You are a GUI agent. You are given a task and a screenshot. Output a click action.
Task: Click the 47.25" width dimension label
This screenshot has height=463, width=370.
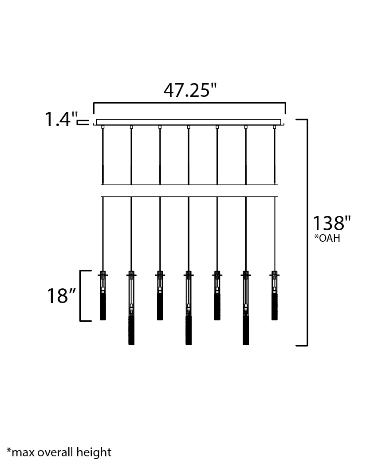pos(190,90)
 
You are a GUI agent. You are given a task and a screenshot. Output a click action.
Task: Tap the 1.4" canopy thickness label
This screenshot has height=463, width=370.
pos(61,119)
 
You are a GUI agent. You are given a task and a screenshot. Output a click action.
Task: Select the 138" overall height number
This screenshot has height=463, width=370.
pos(332,223)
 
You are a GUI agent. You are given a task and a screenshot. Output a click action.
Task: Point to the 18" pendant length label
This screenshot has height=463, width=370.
pos(61,295)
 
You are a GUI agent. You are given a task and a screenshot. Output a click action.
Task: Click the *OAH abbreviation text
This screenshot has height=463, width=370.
pos(327,238)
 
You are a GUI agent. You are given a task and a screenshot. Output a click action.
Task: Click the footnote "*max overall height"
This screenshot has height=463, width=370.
pos(59,452)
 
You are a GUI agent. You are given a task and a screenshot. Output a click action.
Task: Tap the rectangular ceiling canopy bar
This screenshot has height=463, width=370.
pos(189,122)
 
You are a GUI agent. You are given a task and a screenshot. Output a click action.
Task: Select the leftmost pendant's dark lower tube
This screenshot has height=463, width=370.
pos(103,307)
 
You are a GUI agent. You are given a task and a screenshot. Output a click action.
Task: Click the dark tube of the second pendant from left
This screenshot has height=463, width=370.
pos(131,331)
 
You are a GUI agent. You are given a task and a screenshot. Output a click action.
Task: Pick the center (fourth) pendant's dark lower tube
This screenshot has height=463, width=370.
pos(189,331)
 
